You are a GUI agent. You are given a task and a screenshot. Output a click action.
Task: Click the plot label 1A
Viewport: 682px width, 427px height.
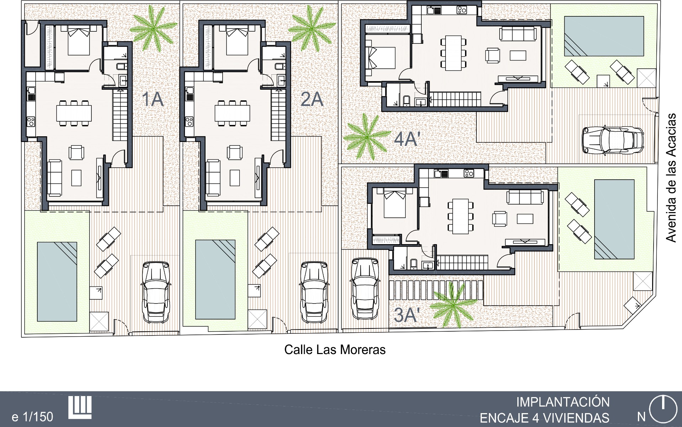coord(153,99)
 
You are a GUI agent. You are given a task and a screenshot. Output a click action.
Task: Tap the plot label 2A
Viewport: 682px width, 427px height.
coord(312,99)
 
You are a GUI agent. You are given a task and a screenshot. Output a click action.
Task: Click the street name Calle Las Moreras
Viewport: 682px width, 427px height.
coord(335,350)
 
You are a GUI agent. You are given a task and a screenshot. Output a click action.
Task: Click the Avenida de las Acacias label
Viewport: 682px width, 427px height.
coord(671,178)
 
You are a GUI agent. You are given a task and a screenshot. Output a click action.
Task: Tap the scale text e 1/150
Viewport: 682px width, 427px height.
coord(32,416)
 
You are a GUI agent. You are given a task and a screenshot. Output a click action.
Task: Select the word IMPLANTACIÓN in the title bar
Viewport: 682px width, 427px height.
coord(563,402)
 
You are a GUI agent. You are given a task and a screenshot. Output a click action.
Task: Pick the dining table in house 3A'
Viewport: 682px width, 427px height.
coord(461,216)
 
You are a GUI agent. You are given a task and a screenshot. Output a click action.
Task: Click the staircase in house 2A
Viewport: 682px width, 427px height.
coord(278,115)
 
